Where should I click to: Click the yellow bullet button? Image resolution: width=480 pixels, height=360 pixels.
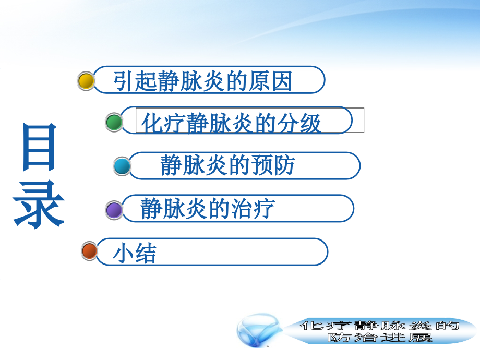click(86, 81)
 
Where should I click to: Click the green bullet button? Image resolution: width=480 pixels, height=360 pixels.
click(114, 123)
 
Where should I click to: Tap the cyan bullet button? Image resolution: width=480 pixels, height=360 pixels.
click(122, 166)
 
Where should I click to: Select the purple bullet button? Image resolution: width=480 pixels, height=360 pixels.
click(114, 210)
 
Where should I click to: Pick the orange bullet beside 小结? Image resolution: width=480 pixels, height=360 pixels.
click(90, 251)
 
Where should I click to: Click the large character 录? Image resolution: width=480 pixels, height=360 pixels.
click(39, 206)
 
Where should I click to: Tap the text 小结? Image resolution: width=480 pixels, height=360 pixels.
click(135, 254)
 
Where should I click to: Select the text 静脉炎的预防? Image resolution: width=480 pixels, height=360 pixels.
click(227, 165)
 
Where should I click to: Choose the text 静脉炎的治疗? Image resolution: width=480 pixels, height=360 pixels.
click(208, 209)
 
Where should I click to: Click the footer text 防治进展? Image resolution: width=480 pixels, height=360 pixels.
click(380, 337)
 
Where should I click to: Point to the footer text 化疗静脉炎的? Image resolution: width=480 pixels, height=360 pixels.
click(380, 326)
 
